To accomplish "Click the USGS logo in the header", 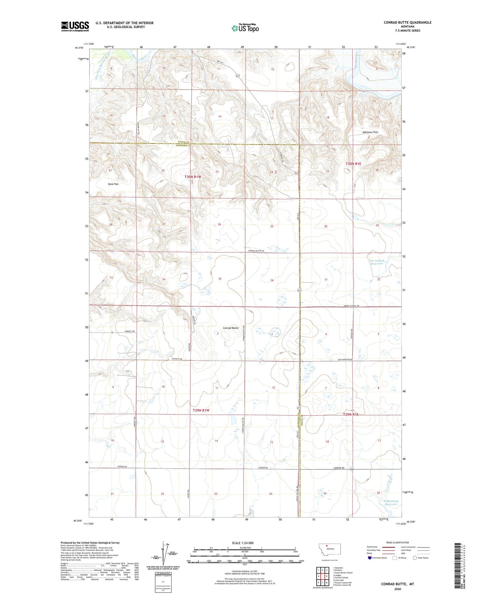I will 75,26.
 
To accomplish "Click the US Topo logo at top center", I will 245,28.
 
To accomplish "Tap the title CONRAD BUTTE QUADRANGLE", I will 407,23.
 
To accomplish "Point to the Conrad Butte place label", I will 231,328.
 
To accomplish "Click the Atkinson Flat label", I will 370,132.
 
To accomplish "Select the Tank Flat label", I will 113,184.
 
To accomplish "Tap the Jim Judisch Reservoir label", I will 377,262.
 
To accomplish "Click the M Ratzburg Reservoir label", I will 391,503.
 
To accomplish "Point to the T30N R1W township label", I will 193,177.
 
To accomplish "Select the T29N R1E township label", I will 350,414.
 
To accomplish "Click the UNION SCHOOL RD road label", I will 351,306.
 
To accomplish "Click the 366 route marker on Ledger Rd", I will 351,469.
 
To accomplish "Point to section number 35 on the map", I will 220,279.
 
